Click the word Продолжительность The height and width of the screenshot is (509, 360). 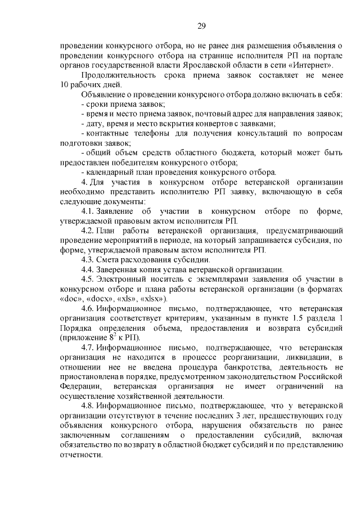coord(115,75)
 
